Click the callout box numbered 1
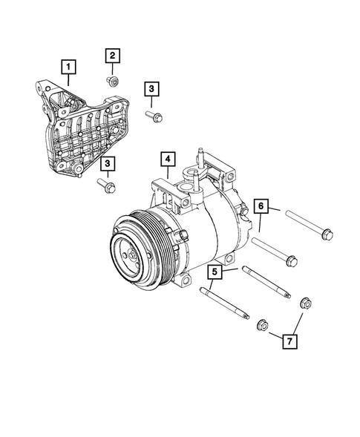pyautogui.click(x=68, y=68)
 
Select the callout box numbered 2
pyautogui.click(x=113, y=55)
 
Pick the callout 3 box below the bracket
pyautogui.click(x=108, y=162)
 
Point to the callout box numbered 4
pyautogui.click(x=167, y=159)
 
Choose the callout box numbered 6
pyautogui.click(x=261, y=205)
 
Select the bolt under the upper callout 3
pyautogui.click(x=156, y=116)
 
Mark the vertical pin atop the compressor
pyautogui.click(x=200, y=160)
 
